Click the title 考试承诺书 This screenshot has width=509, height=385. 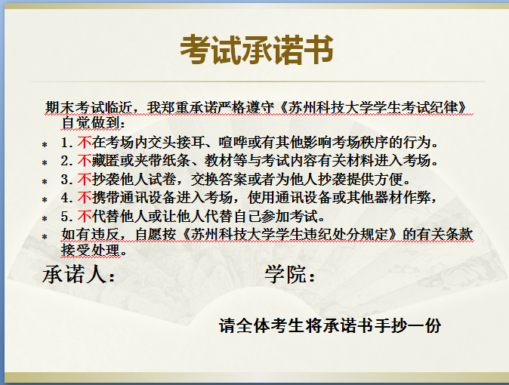click(x=257, y=50)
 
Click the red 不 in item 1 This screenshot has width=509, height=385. click(x=85, y=142)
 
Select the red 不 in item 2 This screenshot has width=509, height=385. click(x=85, y=160)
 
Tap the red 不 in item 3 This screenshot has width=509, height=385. click(x=85, y=179)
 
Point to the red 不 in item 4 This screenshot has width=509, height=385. click(x=85, y=197)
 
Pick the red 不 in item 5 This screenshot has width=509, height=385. click(x=85, y=216)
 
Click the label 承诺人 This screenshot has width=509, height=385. click(x=74, y=274)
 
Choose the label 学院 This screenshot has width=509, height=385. click(x=285, y=274)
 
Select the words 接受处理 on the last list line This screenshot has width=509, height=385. click(x=90, y=250)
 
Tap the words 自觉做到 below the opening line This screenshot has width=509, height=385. click(x=90, y=123)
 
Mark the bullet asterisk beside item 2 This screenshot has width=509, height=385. click(x=45, y=162)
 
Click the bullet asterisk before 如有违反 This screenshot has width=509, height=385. click(x=45, y=236)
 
